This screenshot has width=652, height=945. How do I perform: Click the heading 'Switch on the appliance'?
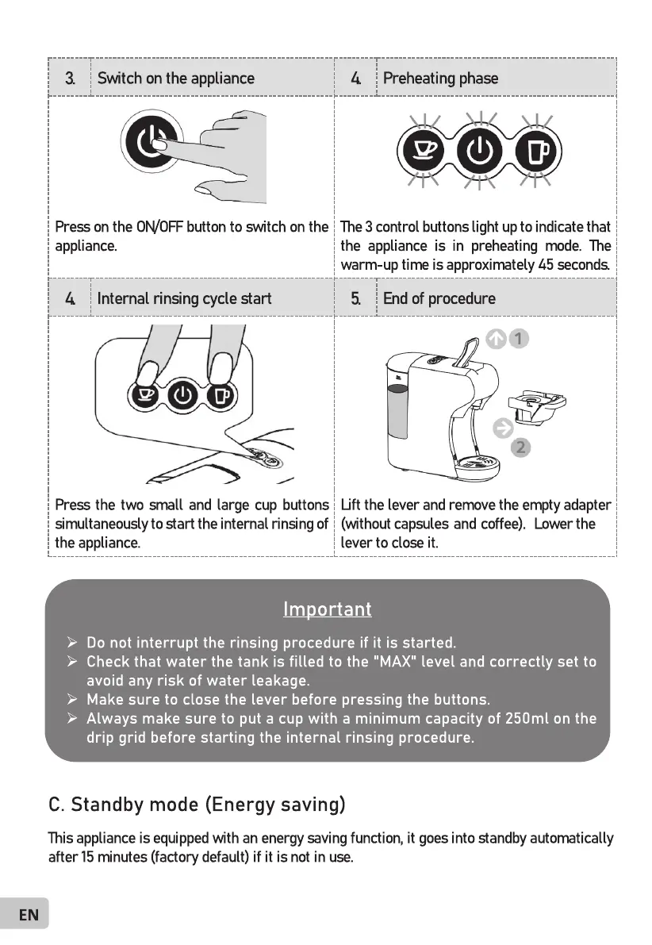click(175, 78)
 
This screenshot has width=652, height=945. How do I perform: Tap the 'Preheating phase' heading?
click(440, 78)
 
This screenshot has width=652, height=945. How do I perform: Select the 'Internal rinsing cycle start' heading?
click(184, 298)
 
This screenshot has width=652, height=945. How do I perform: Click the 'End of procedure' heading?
click(439, 298)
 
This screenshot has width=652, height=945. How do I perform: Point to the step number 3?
click(71, 78)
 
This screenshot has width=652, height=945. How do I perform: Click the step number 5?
click(356, 298)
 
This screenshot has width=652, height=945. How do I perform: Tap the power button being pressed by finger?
click(149, 144)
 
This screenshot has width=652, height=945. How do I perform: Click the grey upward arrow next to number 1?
click(496, 340)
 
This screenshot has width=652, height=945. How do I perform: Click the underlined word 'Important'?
click(327, 609)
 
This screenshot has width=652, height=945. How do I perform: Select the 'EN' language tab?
click(29, 915)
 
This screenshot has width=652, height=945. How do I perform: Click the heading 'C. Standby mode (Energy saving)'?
click(197, 805)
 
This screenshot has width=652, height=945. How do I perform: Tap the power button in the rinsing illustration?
click(182, 394)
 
